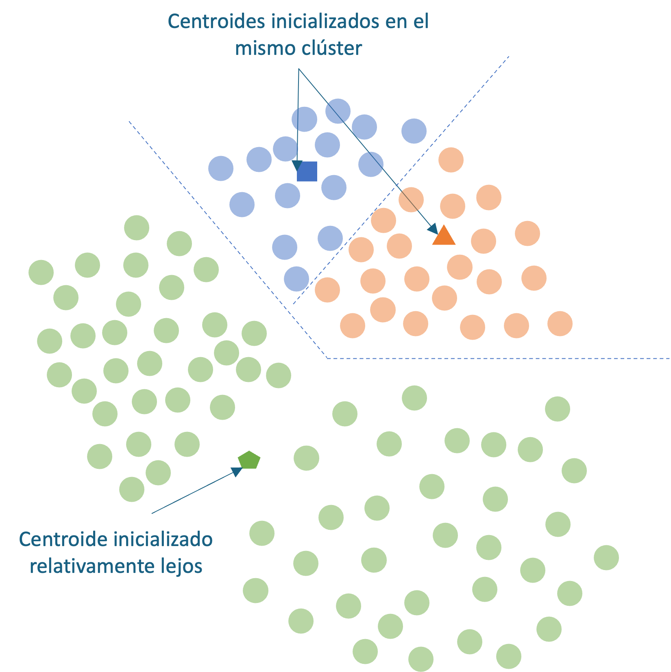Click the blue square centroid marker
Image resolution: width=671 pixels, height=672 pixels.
(307, 171)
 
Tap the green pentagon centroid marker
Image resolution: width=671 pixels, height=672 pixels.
(249, 460)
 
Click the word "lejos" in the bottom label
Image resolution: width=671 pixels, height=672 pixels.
(187, 566)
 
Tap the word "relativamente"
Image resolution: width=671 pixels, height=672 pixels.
(96, 566)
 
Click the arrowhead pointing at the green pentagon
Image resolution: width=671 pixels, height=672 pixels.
(237, 471)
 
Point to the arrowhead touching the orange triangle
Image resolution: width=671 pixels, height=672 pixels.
(433, 229)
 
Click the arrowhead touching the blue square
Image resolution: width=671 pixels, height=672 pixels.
(297, 165)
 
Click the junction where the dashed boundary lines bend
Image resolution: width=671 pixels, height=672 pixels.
(327, 358)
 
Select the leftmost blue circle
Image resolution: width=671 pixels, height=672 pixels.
(221, 168)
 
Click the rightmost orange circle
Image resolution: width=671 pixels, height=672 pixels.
(560, 323)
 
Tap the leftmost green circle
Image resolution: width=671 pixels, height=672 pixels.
(41, 272)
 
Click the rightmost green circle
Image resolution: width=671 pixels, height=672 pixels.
(606, 557)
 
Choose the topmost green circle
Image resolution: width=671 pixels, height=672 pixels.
(137, 228)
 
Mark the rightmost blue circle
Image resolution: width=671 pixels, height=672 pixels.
(414, 131)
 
